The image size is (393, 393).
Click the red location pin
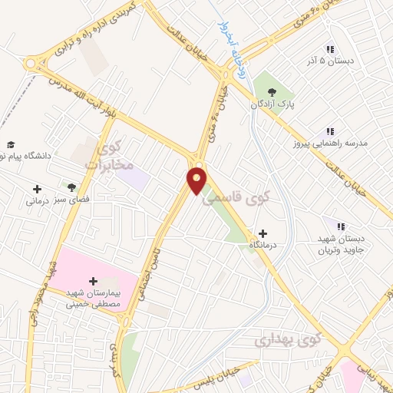tap(197, 181)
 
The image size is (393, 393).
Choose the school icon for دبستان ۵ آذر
tap(331, 49)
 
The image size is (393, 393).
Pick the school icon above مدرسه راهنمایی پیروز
tap(331, 131)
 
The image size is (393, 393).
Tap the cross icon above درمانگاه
tap(263, 233)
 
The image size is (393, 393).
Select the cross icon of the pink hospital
tap(94, 281)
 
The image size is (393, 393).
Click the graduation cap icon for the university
tap(11, 145)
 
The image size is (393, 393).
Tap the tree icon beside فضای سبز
tap(71, 187)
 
